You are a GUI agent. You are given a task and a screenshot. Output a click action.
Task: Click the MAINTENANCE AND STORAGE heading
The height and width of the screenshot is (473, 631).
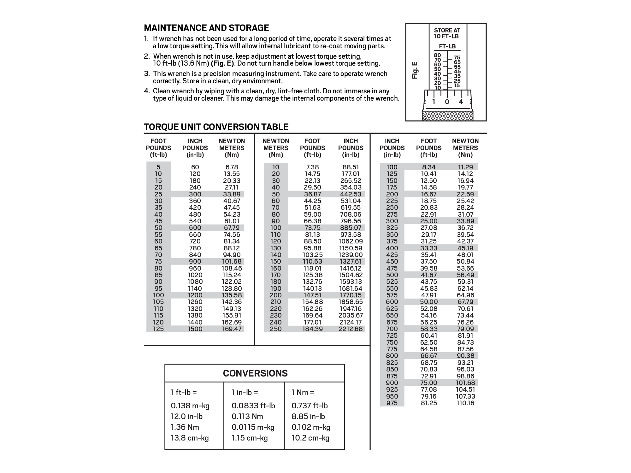[206, 28]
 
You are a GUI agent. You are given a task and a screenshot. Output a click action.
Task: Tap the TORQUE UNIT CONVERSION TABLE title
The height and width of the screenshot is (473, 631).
[216, 127]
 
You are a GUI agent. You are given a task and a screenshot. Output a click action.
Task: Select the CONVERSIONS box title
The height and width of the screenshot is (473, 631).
[255, 373]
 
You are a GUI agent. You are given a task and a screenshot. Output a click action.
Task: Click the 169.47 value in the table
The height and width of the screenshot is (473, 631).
[232, 329]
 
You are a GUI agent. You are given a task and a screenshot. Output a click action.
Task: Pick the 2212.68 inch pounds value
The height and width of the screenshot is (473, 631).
[351, 329]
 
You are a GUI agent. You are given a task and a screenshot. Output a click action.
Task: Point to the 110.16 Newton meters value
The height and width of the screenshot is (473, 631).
[465, 403]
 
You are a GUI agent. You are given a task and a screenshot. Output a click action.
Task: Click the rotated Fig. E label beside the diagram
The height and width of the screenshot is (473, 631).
[415, 70]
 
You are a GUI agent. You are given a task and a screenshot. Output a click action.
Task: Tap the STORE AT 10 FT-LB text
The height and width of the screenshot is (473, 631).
[447, 33]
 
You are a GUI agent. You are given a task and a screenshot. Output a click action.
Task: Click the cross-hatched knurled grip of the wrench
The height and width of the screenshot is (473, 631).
[447, 116]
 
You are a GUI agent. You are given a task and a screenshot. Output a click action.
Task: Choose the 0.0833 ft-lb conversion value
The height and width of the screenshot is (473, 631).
[253, 406]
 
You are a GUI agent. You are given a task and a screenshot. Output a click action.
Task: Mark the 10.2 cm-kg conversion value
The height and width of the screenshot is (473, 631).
[310, 438]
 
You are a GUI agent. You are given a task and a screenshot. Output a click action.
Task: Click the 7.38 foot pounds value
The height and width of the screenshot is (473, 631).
[312, 167]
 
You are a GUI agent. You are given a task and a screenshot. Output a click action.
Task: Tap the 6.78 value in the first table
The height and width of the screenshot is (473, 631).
[232, 167]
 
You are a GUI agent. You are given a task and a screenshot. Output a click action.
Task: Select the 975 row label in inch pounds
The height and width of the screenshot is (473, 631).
[392, 403]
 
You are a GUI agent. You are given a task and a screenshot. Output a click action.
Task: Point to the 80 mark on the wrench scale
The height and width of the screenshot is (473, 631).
[437, 55]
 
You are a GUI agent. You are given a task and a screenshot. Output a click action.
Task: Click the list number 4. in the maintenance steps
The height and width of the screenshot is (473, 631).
[147, 91]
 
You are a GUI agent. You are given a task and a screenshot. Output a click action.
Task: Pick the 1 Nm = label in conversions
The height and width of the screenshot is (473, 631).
[303, 393]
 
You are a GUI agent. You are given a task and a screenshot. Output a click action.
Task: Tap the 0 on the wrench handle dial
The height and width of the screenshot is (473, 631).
[447, 102]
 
